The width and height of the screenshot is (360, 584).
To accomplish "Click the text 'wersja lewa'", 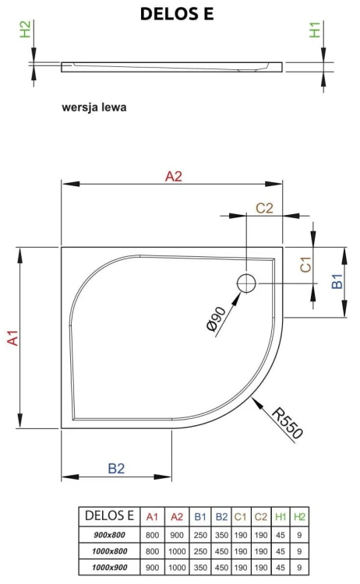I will (x=94, y=107).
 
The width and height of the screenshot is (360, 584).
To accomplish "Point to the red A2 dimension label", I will (x=173, y=176).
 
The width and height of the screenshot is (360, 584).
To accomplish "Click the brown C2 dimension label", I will (x=264, y=208).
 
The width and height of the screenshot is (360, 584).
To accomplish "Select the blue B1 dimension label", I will (x=337, y=281).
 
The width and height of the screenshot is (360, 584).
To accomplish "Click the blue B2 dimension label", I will (x=116, y=468).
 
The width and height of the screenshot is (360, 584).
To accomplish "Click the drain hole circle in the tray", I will (x=247, y=282).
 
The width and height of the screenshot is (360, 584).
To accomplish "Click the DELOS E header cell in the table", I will (x=109, y=516).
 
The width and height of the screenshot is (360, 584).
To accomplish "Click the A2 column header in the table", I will (x=175, y=516).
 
